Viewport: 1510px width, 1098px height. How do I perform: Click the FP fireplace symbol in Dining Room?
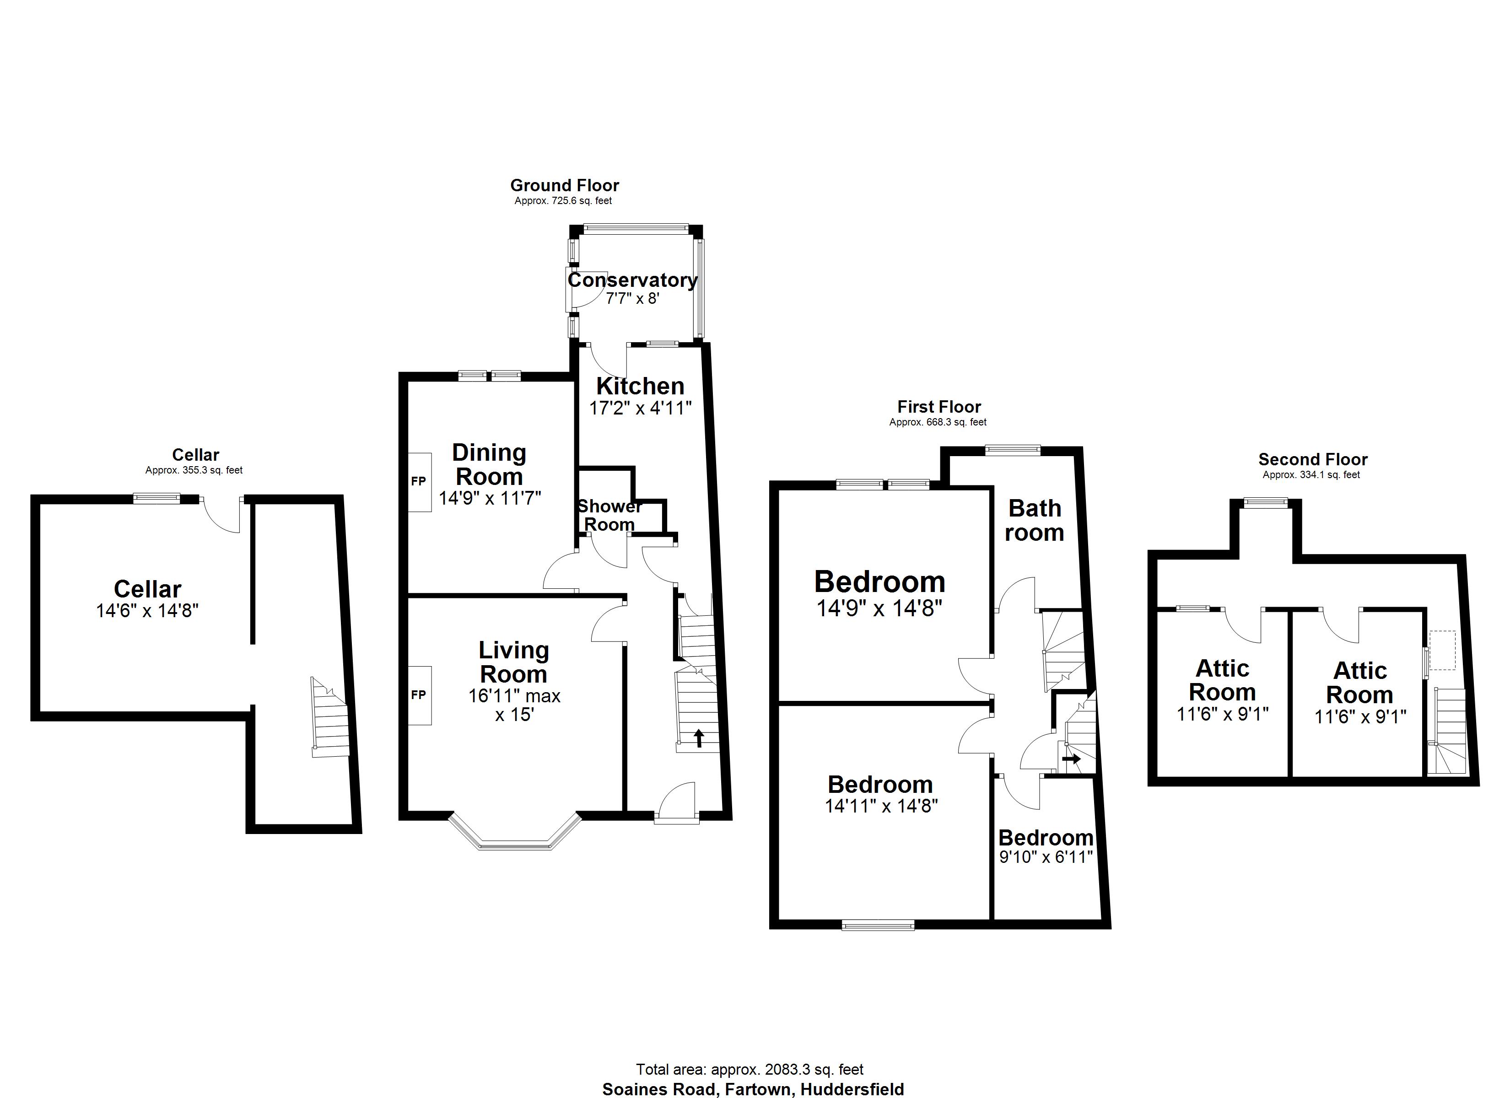pyautogui.click(x=419, y=482)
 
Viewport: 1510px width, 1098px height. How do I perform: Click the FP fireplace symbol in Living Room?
pyautogui.click(x=419, y=695)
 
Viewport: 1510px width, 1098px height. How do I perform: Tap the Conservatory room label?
pyautogui.click(x=632, y=280)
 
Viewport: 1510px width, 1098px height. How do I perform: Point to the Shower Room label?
pyautogui.click(x=609, y=516)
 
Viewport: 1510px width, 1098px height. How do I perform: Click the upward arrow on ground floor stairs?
pyautogui.click(x=698, y=738)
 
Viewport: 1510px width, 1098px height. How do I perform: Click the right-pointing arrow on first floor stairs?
pyautogui.click(x=1071, y=759)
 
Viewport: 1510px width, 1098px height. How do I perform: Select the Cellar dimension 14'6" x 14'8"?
pyautogui.click(x=147, y=611)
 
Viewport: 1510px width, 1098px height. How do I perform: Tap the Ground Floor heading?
pyautogui.click(x=565, y=185)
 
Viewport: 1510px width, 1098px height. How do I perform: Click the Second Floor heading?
pyautogui.click(x=1312, y=459)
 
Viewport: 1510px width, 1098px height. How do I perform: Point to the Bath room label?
pyautogui.click(x=1034, y=521)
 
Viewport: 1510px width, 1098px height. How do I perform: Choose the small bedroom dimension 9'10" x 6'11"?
pyautogui.click(x=1046, y=857)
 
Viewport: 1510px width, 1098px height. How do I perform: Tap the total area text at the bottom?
pyautogui.click(x=750, y=1069)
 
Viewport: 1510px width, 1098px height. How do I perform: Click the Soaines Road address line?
pyautogui.click(x=753, y=1089)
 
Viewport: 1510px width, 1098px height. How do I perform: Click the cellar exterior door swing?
pyautogui.click(x=222, y=516)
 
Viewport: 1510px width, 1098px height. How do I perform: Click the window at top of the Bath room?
pyautogui.click(x=1013, y=450)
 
